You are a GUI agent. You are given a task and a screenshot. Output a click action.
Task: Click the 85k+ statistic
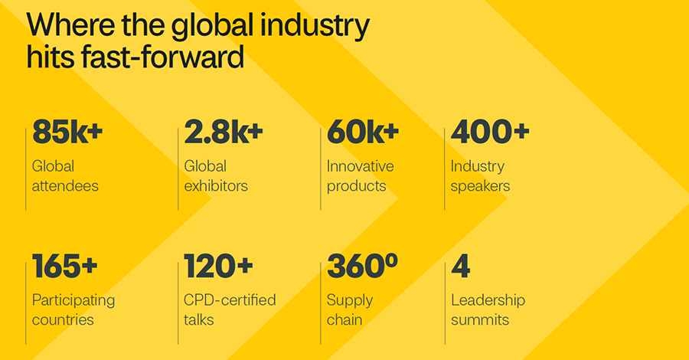pos(67,133)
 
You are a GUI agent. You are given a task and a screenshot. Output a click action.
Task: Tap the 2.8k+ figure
pos(224,133)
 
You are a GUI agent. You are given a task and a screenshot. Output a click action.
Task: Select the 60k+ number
pos(362,133)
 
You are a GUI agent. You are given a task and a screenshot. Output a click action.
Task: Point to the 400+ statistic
pos(490,133)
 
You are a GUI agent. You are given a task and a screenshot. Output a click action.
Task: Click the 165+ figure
pos(65,267)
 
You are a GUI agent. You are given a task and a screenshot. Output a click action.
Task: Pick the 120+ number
pos(218,267)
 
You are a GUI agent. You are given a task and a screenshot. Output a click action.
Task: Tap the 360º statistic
pos(362,267)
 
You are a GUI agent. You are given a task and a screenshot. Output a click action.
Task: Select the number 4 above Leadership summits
pos(460,267)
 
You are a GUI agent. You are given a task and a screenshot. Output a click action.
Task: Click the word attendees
pos(65,185)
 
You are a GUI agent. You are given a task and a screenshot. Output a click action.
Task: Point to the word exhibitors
pos(216,185)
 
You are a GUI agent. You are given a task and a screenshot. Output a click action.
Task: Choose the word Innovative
pos(360,166)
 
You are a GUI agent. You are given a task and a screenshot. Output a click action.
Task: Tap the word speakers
pos(480,185)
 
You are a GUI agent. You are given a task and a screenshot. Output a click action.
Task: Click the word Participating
pos(73,300)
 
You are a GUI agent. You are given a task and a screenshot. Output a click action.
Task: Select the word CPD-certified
pos(230,300)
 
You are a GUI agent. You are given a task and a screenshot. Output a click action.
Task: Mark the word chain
pos(344,319)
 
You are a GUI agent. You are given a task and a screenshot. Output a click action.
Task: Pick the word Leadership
pos(488,300)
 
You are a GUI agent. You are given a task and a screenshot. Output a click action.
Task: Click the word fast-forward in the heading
pos(164,57)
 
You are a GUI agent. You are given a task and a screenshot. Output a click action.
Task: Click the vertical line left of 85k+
pos(26,169)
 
